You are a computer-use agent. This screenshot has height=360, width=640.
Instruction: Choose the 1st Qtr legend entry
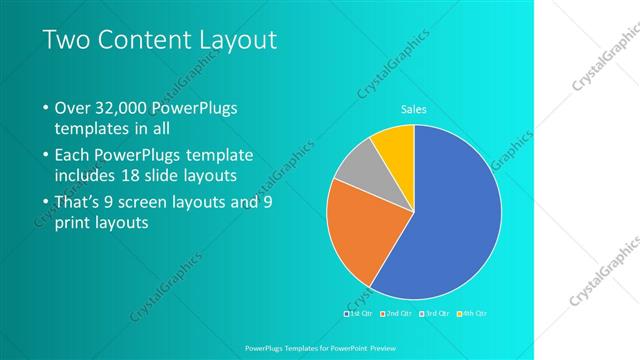(x=357, y=314)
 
